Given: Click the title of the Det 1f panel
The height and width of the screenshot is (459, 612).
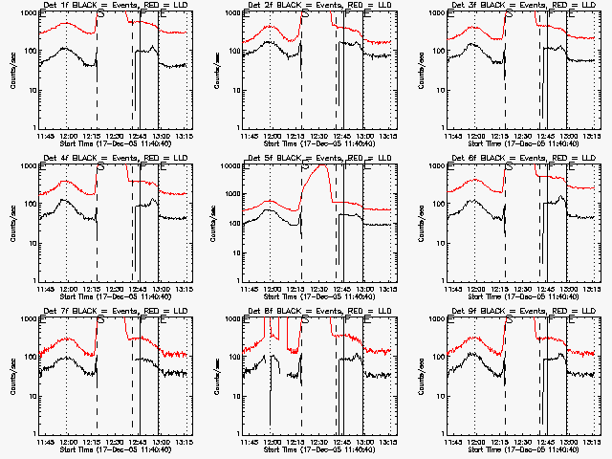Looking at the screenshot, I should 109,5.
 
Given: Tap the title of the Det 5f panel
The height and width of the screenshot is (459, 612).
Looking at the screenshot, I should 314,155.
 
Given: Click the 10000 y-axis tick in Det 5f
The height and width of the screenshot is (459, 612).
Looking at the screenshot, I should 228,165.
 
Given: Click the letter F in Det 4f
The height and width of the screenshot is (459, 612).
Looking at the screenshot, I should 140,168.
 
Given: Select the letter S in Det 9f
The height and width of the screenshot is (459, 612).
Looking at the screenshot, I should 509,323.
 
